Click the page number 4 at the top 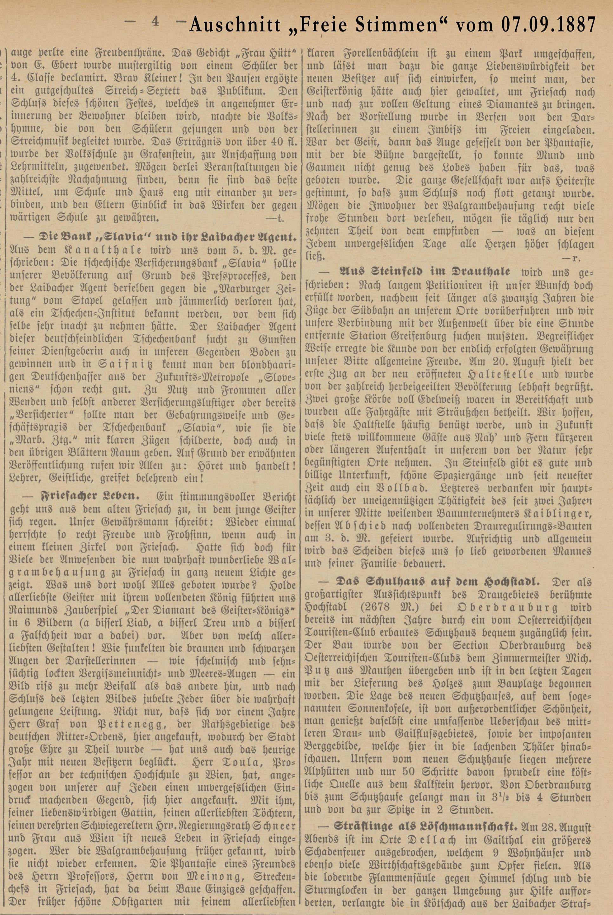pyautogui.click(x=155, y=22)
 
